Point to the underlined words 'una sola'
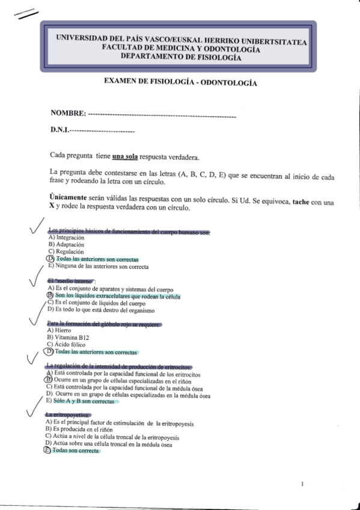(125, 158)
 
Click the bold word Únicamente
(70, 198)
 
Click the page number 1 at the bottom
(303, 482)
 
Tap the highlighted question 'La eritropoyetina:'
(67, 415)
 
